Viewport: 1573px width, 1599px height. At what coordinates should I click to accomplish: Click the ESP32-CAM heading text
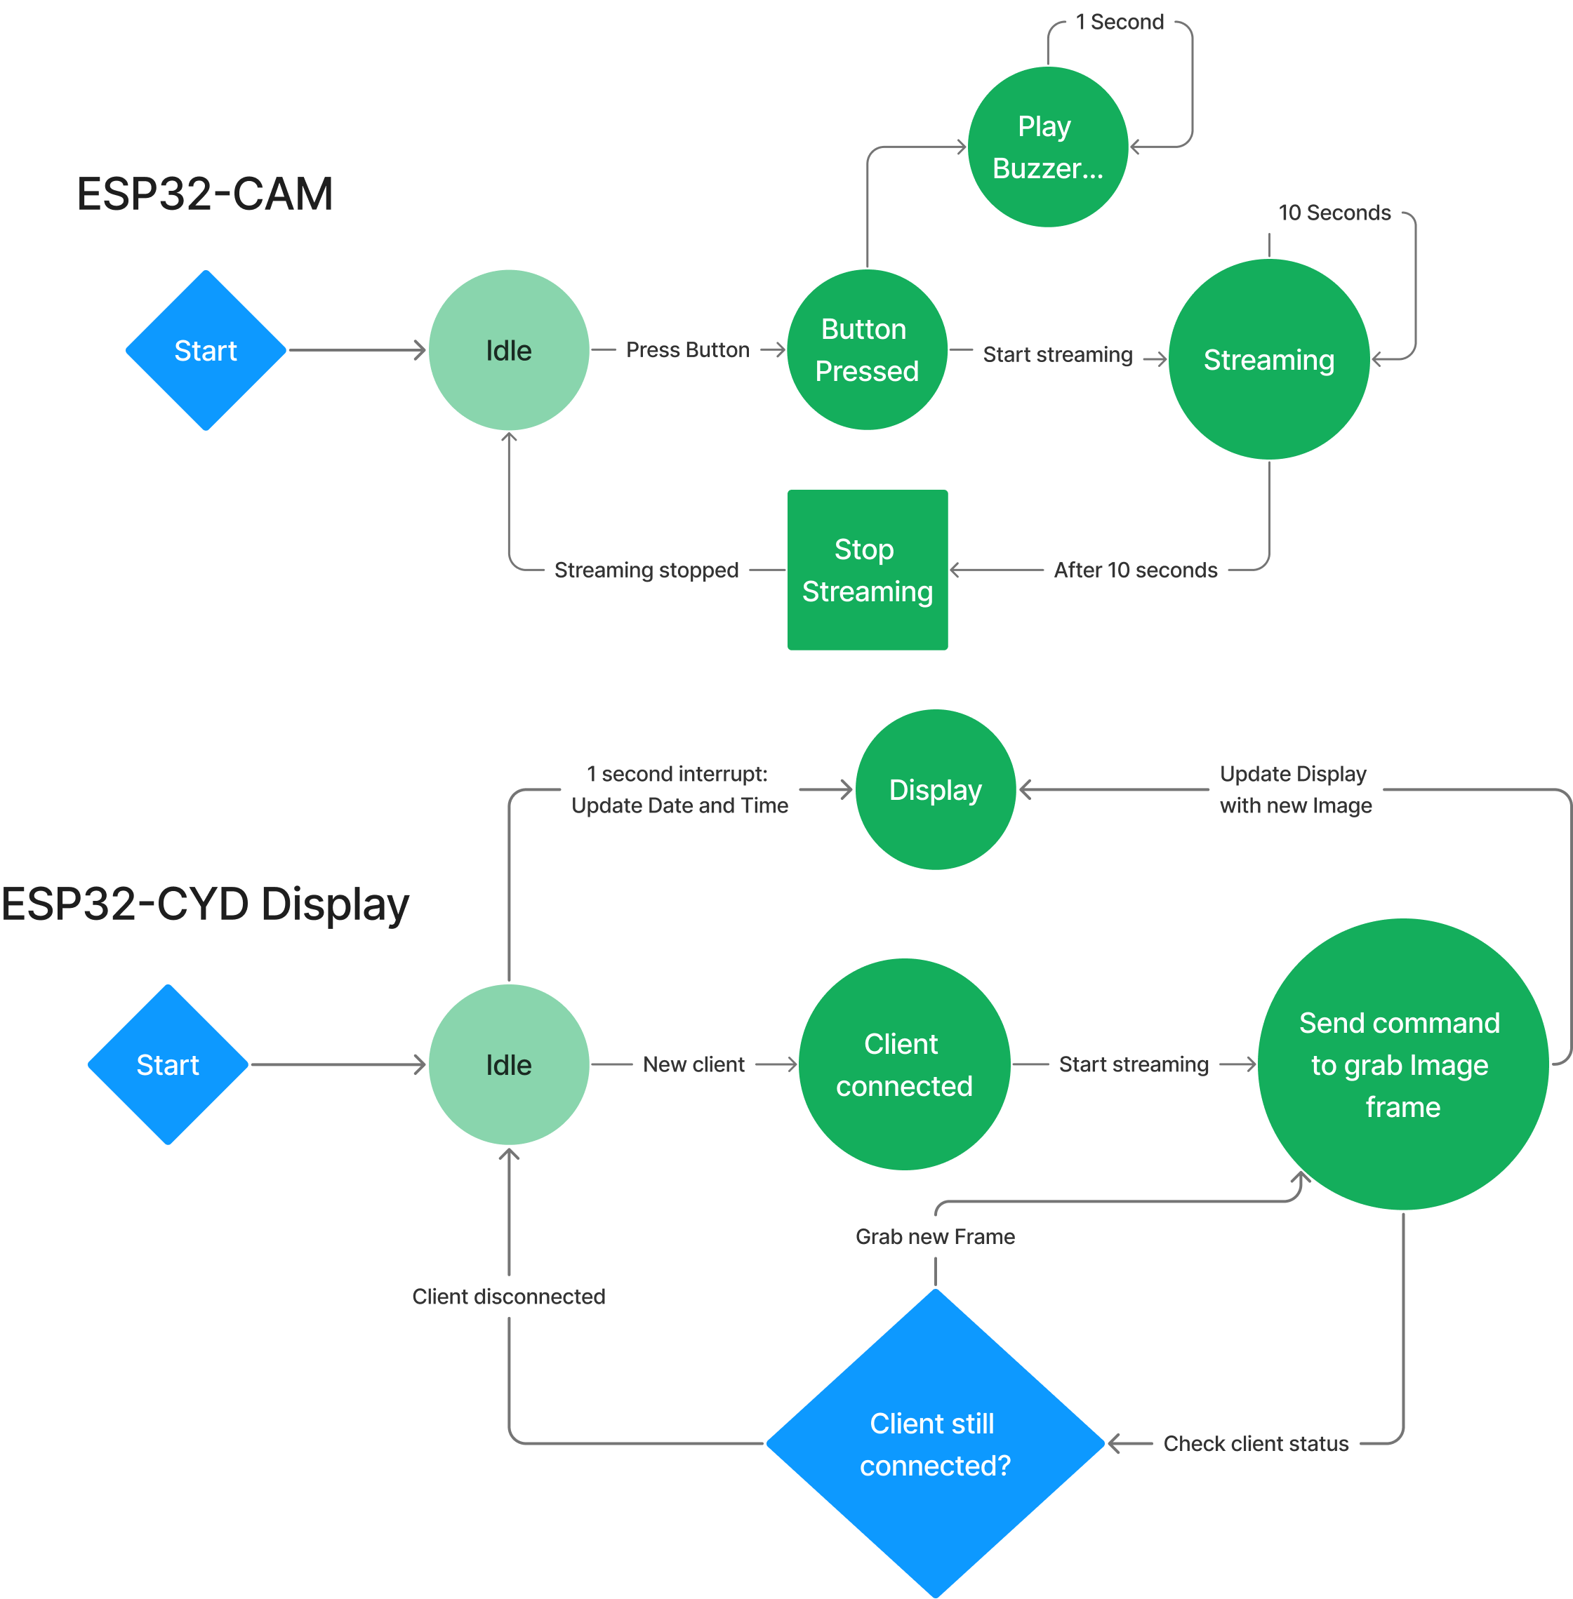(205, 195)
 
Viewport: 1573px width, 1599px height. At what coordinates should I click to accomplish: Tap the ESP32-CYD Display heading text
(205, 904)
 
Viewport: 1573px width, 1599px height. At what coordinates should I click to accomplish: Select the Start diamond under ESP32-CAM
(206, 350)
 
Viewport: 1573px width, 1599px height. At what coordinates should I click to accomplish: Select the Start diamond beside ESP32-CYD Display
(168, 1064)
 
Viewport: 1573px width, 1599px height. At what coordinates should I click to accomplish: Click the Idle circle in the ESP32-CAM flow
(509, 350)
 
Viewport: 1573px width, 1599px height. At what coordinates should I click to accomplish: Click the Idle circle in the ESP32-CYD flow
(509, 1064)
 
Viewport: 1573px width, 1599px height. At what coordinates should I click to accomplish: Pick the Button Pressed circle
(867, 350)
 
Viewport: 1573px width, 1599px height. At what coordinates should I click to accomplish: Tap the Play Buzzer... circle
(1047, 147)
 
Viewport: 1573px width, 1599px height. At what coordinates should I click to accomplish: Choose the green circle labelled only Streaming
(1269, 360)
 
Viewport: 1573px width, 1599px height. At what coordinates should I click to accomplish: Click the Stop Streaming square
(868, 570)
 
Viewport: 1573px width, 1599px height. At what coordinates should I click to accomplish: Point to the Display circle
(935, 789)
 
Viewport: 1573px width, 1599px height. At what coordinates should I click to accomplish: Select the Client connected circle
(904, 1064)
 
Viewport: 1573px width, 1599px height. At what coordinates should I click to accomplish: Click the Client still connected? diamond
(935, 1444)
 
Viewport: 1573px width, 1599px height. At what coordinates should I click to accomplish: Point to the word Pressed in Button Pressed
(867, 372)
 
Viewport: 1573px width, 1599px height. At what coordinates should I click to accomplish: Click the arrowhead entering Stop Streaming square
(956, 570)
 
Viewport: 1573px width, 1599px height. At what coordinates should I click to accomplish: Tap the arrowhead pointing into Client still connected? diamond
(1115, 1444)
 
